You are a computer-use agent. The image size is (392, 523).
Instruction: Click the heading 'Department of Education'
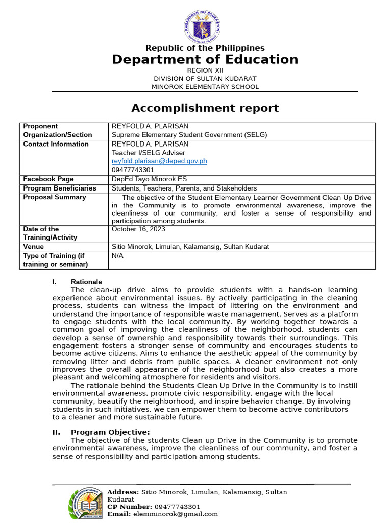[205, 60]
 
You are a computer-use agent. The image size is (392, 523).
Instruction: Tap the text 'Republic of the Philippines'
[205, 48]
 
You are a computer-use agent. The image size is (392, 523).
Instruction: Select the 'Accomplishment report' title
[205, 108]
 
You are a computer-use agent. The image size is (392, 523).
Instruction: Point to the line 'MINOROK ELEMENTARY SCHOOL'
[205, 87]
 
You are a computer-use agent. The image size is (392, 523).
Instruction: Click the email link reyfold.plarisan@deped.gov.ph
[159, 161]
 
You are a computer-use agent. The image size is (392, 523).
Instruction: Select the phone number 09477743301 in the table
[133, 170]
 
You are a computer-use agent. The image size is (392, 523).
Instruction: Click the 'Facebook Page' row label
[48, 179]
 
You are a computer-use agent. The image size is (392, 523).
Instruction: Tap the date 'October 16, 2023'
[139, 229]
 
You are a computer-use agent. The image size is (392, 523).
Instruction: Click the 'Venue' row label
[34, 247]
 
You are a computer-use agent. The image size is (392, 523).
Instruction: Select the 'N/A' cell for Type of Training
[118, 256]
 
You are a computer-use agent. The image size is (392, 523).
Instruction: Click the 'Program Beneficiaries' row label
[60, 188]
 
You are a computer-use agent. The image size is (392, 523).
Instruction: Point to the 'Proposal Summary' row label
[55, 197]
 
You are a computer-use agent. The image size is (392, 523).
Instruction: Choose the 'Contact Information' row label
[56, 144]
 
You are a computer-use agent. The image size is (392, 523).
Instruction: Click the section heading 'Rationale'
[86, 282]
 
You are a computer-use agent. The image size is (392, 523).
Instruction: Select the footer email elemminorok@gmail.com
[175, 514]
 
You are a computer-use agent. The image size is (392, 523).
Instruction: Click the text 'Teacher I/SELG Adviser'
[149, 153]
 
